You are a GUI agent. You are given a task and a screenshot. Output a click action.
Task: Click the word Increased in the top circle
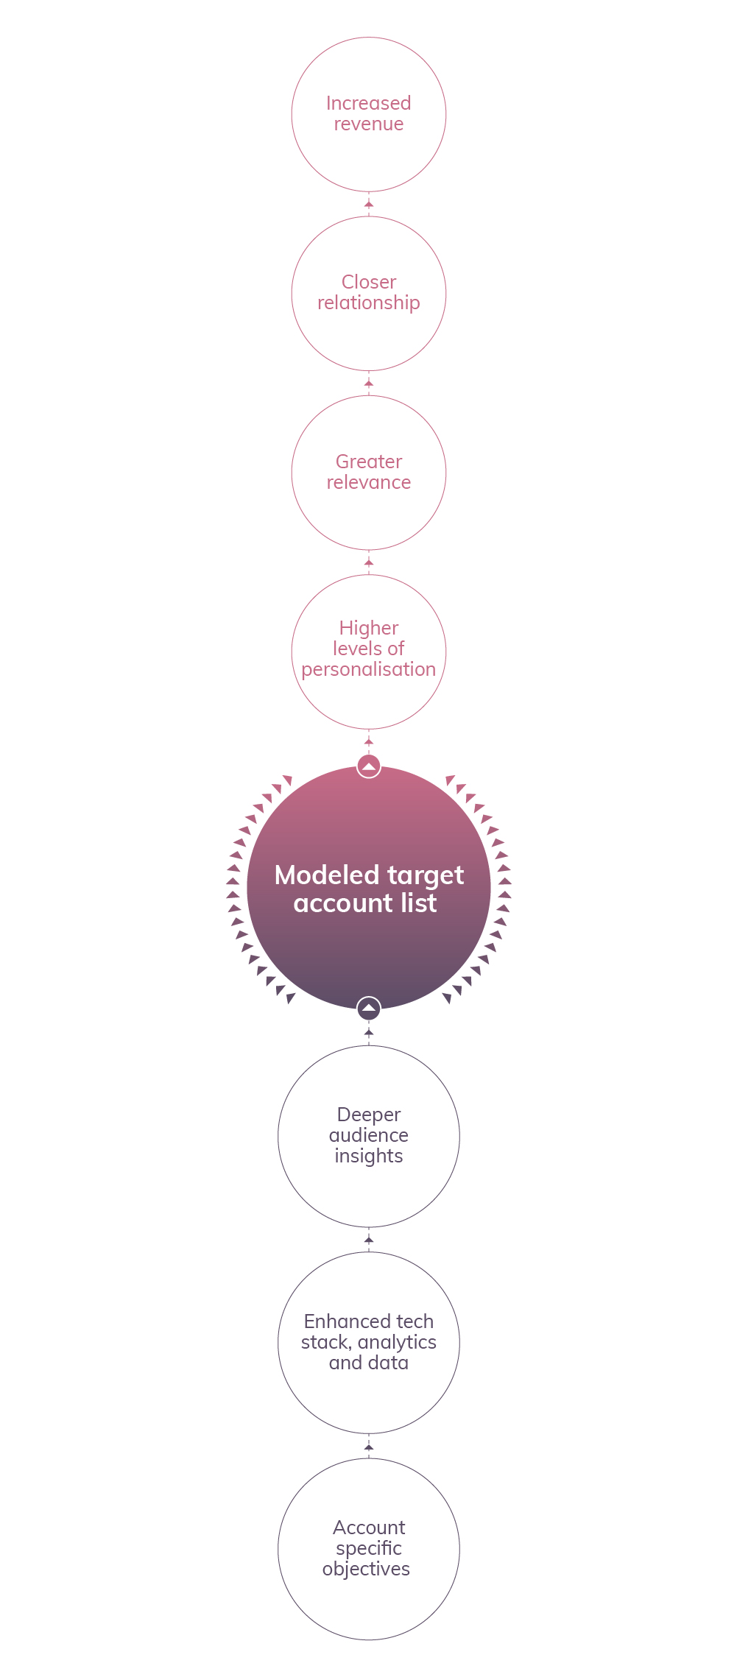(368, 103)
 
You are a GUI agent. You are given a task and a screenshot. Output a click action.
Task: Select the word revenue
(368, 124)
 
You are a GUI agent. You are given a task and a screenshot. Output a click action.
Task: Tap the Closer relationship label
(368, 292)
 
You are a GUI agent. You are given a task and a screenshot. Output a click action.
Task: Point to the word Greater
(368, 462)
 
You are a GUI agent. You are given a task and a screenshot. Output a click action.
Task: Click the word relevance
(368, 482)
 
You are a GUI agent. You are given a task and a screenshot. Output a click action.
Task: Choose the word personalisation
(368, 670)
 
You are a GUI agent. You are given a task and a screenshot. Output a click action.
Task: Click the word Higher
(368, 629)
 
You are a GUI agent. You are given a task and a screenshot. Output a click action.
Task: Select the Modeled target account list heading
(368, 889)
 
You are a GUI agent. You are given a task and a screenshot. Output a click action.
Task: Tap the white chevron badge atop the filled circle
(369, 766)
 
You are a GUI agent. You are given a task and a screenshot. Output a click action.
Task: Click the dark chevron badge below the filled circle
(369, 1008)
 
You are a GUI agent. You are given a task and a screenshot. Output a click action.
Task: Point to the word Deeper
(368, 1115)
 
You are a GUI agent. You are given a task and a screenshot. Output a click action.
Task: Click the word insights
(368, 1157)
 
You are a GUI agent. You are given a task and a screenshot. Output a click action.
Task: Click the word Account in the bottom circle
(368, 1528)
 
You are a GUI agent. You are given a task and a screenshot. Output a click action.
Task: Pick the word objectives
(366, 1569)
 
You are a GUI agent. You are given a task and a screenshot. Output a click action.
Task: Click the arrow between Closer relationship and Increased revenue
(369, 203)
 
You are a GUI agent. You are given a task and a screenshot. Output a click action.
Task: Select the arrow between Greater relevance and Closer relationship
(369, 383)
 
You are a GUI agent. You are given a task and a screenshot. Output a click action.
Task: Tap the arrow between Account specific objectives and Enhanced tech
(369, 1447)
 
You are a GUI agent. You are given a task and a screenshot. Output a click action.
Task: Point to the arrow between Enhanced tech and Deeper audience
(369, 1240)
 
